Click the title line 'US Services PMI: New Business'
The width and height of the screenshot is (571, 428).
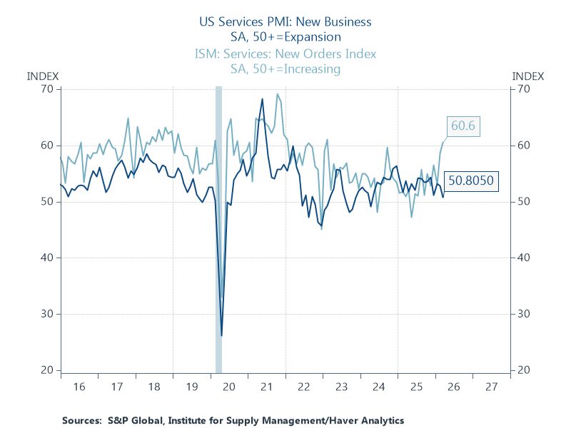(285, 22)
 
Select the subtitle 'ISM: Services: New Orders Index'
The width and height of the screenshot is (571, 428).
(285, 54)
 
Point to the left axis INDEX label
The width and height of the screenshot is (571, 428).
(42, 76)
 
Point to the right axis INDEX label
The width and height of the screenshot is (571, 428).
(528, 76)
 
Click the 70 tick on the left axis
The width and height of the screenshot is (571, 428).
(47, 89)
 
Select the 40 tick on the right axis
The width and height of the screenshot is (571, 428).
(522, 258)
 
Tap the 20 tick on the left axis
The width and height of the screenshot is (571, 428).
(47, 370)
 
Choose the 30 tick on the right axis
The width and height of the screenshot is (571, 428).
(522, 314)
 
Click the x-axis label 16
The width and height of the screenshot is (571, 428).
(79, 386)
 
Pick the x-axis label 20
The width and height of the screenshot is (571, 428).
(229, 386)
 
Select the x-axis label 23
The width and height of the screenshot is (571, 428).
(341, 386)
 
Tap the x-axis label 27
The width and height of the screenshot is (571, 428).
(490, 386)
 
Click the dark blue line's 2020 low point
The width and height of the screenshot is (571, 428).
(222, 335)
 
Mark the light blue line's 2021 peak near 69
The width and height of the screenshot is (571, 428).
(278, 94)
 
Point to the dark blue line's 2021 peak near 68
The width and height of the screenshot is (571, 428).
(262, 99)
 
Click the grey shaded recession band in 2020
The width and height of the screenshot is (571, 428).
(218, 228)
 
